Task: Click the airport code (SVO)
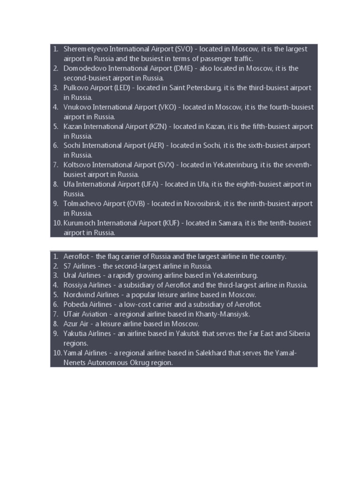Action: click(183, 49)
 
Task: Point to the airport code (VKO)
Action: click(167, 107)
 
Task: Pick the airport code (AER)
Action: click(156, 146)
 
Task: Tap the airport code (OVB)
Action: click(135, 203)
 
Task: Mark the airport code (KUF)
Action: click(171, 223)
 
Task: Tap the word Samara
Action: click(230, 223)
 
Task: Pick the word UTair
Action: click(72, 314)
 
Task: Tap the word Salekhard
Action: click(209, 353)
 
